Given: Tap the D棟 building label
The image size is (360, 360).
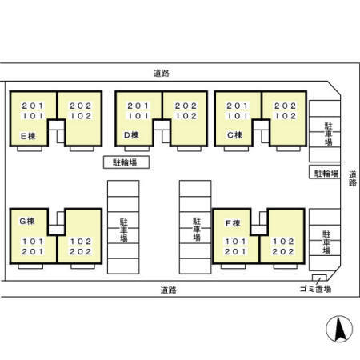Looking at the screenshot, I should [x=133, y=136].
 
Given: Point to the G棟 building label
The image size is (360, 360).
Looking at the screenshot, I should [x=29, y=220].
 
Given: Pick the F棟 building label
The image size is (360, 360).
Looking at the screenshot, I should [x=233, y=221].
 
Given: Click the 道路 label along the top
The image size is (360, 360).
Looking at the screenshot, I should [x=161, y=73].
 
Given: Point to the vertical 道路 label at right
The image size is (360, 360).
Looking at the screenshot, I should [x=352, y=178].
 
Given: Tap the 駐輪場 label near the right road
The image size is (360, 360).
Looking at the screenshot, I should [x=326, y=173].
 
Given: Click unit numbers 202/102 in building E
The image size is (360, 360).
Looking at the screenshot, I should [x=80, y=110].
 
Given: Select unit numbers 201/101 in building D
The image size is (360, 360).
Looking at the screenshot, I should [x=138, y=110].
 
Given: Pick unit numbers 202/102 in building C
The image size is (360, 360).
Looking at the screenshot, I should [x=284, y=110].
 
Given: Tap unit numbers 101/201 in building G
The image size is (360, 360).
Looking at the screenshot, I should [x=32, y=246].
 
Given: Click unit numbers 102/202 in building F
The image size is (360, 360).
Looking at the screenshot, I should [x=285, y=246].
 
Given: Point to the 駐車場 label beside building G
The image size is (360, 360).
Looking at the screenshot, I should [x=124, y=229].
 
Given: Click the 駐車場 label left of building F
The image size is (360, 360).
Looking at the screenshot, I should [x=196, y=229].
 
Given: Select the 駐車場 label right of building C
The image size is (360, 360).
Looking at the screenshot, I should [x=328, y=134].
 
